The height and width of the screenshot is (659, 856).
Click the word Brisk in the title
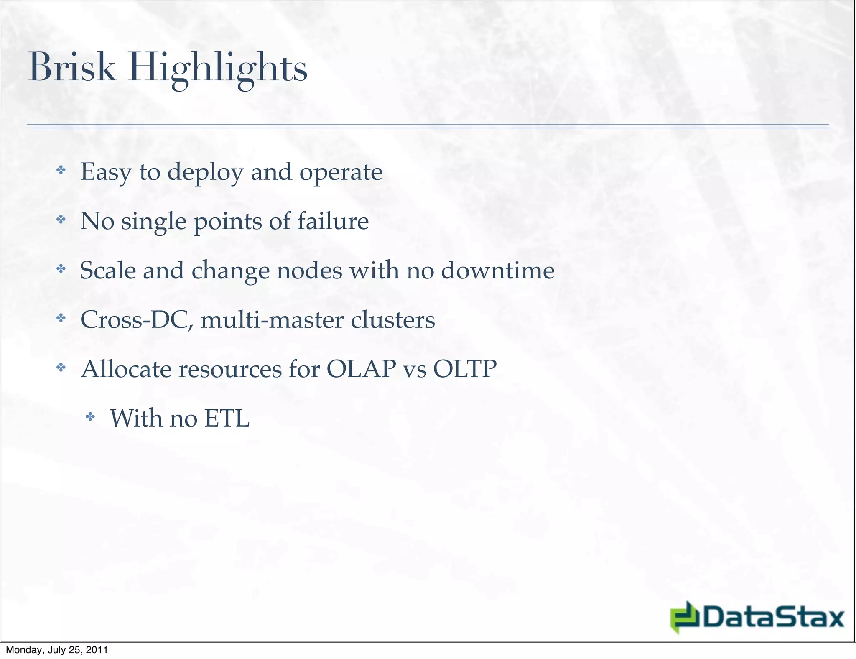click(x=71, y=68)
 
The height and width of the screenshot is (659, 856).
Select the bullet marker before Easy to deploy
click(x=61, y=170)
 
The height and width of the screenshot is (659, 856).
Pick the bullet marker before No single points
click(x=61, y=219)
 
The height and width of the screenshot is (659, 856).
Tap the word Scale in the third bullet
click(x=108, y=271)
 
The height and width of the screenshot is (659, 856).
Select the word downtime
click(x=497, y=271)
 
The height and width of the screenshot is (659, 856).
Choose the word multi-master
click(x=272, y=320)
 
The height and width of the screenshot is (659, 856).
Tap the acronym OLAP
click(x=361, y=369)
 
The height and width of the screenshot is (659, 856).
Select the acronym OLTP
click(x=464, y=369)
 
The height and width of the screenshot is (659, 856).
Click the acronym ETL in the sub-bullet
click(x=227, y=418)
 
